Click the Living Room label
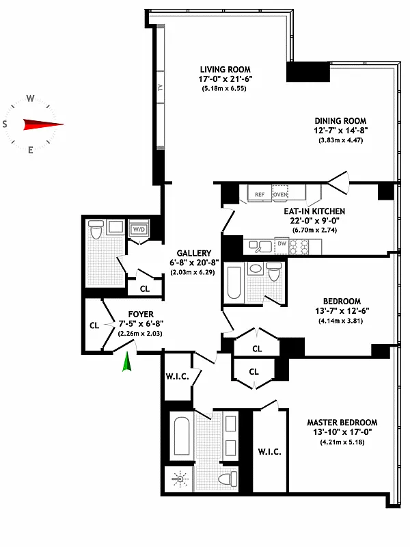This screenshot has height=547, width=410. coord(225,69)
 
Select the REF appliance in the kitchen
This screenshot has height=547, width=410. coord(260,194)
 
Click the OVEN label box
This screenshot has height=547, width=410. coord(280,194)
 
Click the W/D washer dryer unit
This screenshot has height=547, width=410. coord(139,228)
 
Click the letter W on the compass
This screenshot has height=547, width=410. coord(30,98)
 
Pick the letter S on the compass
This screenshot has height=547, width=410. coord(5,124)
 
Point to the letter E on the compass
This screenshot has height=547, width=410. coord(30,150)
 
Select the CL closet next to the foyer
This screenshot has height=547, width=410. coord(94,325)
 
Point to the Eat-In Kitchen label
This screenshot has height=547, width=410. coord(314,211)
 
